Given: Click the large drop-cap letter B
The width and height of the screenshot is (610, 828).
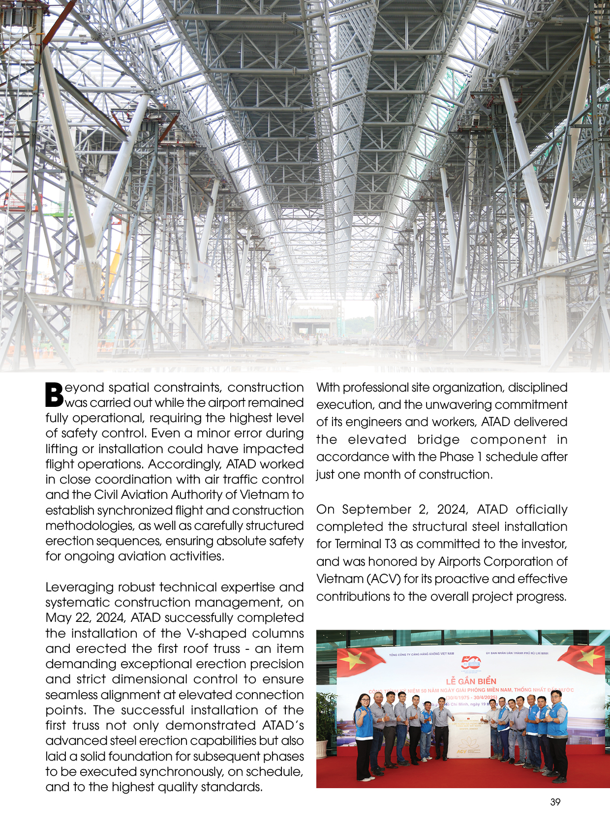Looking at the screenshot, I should (x=55, y=395).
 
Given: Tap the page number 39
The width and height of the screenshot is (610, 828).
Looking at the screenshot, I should (x=555, y=802).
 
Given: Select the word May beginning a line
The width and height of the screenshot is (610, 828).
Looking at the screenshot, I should (x=58, y=618).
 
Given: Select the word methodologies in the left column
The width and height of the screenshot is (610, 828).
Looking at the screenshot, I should (x=89, y=526).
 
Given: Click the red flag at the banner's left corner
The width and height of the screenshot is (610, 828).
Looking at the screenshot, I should (x=354, y=660).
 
